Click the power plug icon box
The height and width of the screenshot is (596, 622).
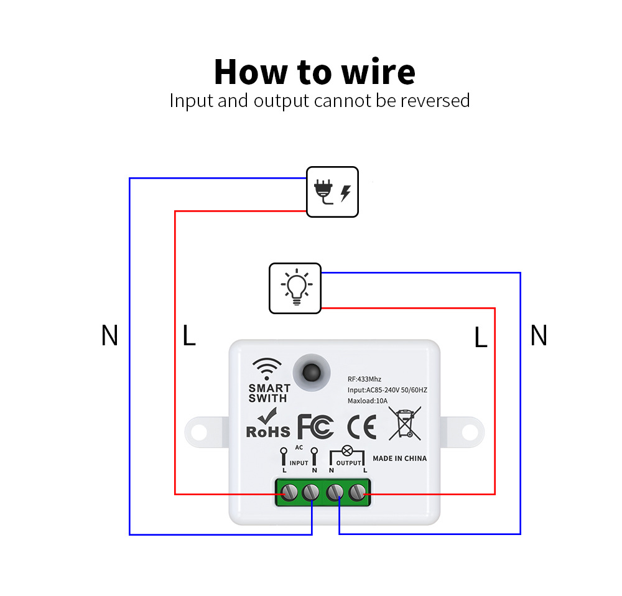point(332,192)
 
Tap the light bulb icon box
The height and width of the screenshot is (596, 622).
point(295,288)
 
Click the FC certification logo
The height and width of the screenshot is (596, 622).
point(315,427)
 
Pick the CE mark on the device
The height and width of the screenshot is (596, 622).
point(361,428)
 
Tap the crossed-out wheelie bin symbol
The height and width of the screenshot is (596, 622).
point(404,424)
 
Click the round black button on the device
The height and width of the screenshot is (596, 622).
point(309,372)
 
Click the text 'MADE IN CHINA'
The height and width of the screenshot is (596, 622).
point(399,459)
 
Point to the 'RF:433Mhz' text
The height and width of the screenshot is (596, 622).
point(364,378)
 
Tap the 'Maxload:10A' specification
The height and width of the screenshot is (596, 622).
point(368,401)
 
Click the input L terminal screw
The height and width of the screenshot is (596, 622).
point(288,493)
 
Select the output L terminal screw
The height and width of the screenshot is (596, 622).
point(357,493)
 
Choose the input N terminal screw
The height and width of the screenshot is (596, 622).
point(311,493)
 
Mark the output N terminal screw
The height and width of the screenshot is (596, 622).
point(335,493)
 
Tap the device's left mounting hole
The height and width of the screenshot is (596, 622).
point(199,431)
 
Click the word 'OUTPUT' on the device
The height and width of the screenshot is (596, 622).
point(348,463)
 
